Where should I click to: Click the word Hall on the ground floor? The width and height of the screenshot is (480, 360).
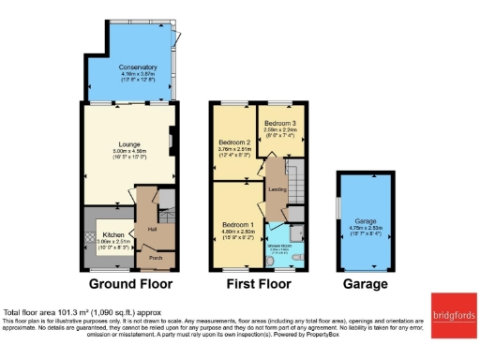(x=151, y=228)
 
